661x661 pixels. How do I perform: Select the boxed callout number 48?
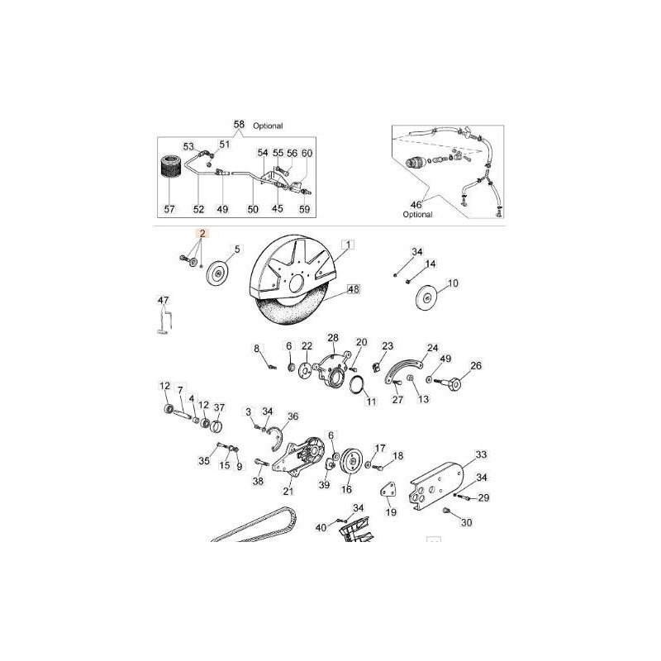[354, 290]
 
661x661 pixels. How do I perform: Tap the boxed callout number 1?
[349, 245]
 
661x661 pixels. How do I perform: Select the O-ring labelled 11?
[359, 384]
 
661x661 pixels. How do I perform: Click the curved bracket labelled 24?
[408, 369]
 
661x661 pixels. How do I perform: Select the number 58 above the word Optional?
[240, 125]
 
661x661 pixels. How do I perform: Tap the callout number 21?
[288, 491]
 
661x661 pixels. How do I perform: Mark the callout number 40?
[319, 526]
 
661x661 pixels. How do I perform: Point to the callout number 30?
[466, 522]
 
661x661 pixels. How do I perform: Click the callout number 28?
[333, 337]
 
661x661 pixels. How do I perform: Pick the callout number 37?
[219, 407]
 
